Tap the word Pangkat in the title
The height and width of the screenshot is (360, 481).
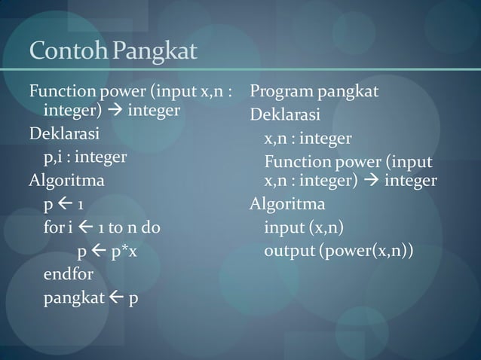click(x=155, y=53)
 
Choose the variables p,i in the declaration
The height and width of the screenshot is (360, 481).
click(x=52, y=157)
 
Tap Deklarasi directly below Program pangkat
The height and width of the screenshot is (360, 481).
click(x=285, y=116)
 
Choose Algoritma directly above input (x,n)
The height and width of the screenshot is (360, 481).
click(x=287, y=204)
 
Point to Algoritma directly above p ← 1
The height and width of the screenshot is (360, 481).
click(x=66, y=182)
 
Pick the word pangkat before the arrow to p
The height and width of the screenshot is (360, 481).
click(x=74, y=298)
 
